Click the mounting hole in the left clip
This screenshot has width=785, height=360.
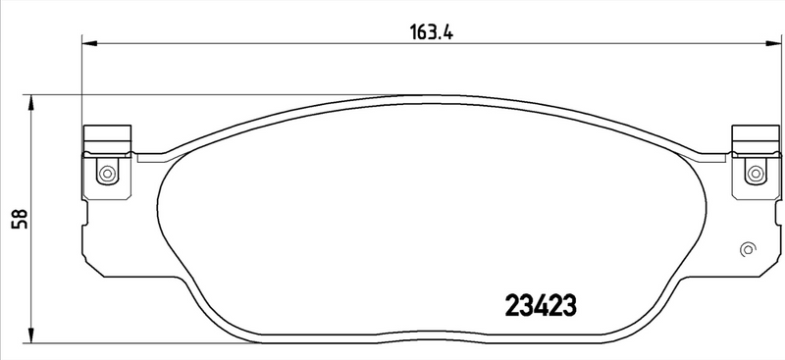(106, 175)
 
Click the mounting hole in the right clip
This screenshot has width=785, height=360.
(755, 175)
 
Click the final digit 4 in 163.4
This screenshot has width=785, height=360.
(446, 29)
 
